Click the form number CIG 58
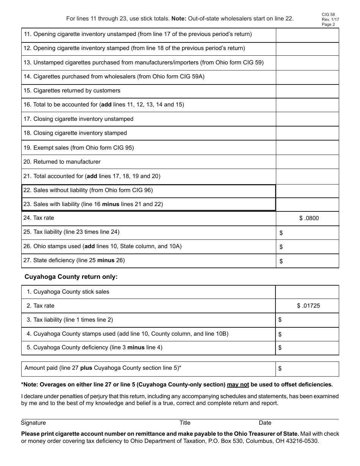[328, 15]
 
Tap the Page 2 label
[328, 25]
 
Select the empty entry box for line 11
[307, 35]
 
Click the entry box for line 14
[307, 77]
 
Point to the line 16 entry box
[307, 105]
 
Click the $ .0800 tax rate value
[309, 218]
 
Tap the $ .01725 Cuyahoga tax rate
[308, 306]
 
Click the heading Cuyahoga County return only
[71, 277]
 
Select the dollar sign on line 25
[281, 233]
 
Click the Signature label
[33, 423]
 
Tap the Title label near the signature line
[185, 423]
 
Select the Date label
[265, 423]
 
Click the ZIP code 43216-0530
[303, 441]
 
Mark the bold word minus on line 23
[111, 204]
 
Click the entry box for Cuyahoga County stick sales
[307, 292]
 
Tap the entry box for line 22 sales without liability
[307, 191]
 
